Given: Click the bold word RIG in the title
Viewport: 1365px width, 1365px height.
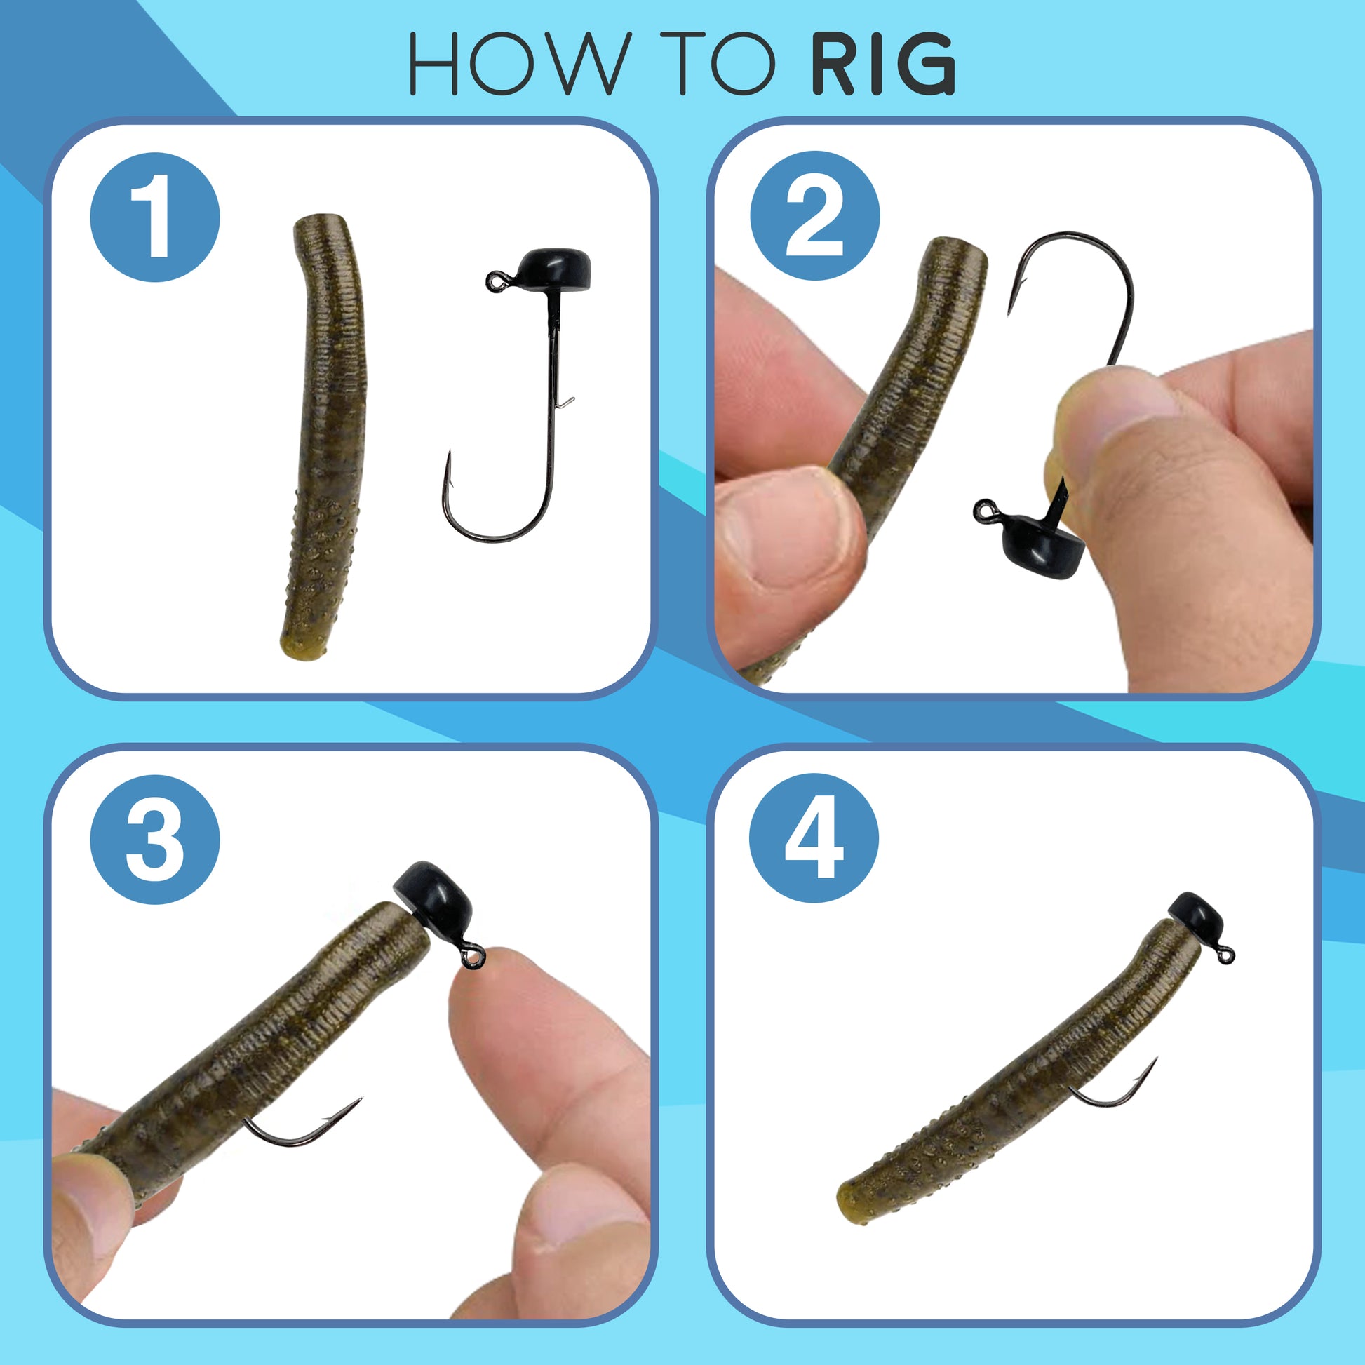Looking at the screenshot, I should pyautogui.click(x=882, y=64).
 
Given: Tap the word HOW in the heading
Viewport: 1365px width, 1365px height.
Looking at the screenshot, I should pyautogui.click(x=519, y=64).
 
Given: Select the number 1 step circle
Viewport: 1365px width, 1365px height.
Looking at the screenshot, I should pyautogui.click(x=155, y=217).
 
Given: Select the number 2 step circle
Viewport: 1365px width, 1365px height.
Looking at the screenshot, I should pyautogui.click(x=814, y=215).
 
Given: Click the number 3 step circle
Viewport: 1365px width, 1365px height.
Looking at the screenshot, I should pyautogui.click(x=155, y=840).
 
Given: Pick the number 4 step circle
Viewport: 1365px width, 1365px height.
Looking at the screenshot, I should pyautogui.click(x=814, y=838).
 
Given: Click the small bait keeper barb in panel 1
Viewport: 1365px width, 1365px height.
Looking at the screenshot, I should pyautogui.click(x=566, y=403).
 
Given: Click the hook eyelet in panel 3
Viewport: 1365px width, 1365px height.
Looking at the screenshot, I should pyautogui.click(x=472, y=957).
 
